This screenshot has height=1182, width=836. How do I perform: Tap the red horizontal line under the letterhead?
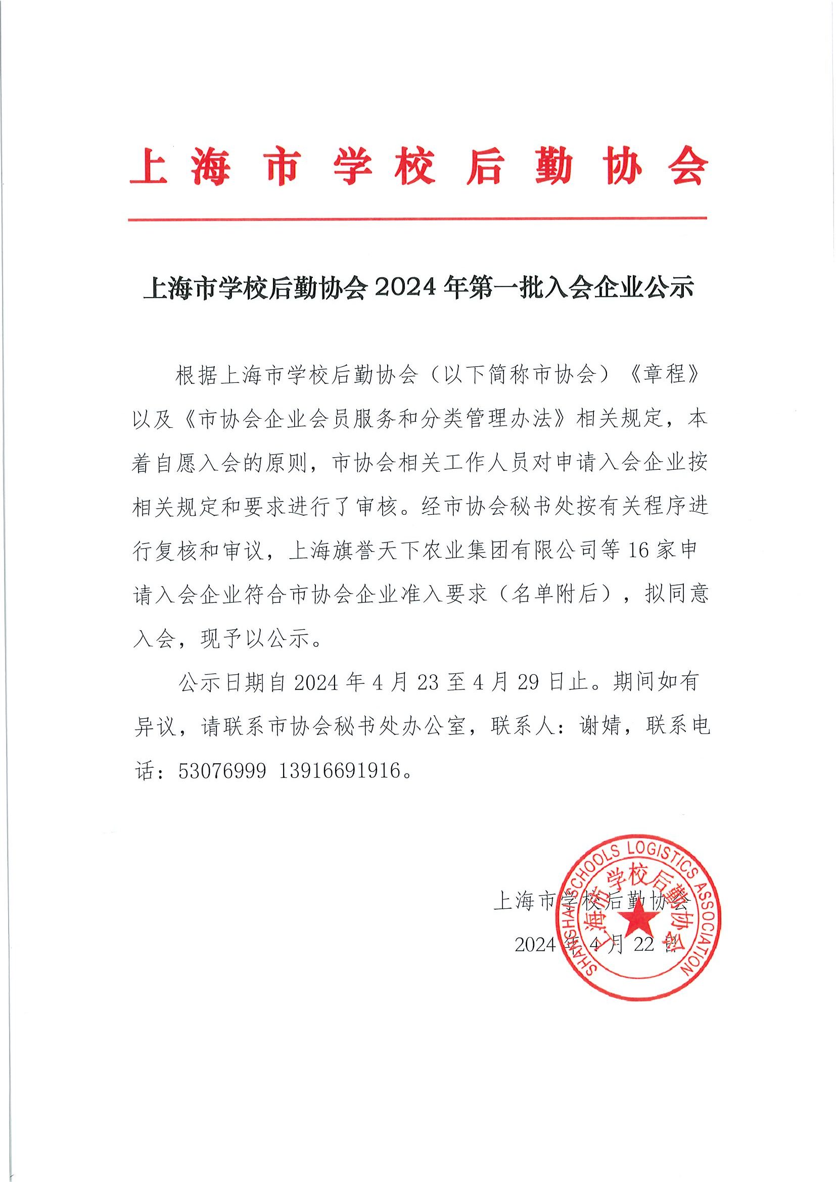417,219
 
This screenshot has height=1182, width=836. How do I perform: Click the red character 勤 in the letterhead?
554,167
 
